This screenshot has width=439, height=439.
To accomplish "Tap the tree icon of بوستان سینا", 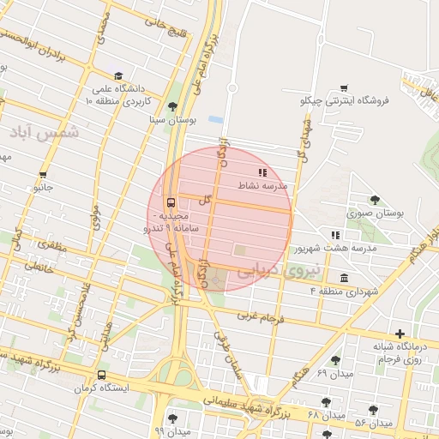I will tap(174, 106).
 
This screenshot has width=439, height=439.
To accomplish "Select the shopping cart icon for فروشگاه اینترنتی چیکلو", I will tap(344, 88).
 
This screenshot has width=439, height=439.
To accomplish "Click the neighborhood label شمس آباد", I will tap(44, 132).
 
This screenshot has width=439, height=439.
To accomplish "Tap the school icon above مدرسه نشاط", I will tap(262, 173).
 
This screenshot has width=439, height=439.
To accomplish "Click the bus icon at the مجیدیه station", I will tap(171, 203).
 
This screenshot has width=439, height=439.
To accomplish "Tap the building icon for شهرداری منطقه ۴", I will tap(344, 279).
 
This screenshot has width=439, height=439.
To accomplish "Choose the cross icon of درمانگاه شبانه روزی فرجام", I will tap(400, 334).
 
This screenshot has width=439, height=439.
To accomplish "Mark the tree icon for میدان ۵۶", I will tap(373, 410).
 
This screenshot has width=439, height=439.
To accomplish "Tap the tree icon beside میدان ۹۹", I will tap(172, 418).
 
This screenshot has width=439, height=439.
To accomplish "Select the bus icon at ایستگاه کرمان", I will tap(102, 375).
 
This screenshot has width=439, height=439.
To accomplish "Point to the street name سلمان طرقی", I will tap(238, 353).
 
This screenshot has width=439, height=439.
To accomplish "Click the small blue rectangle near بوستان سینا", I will tap(215, 117).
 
